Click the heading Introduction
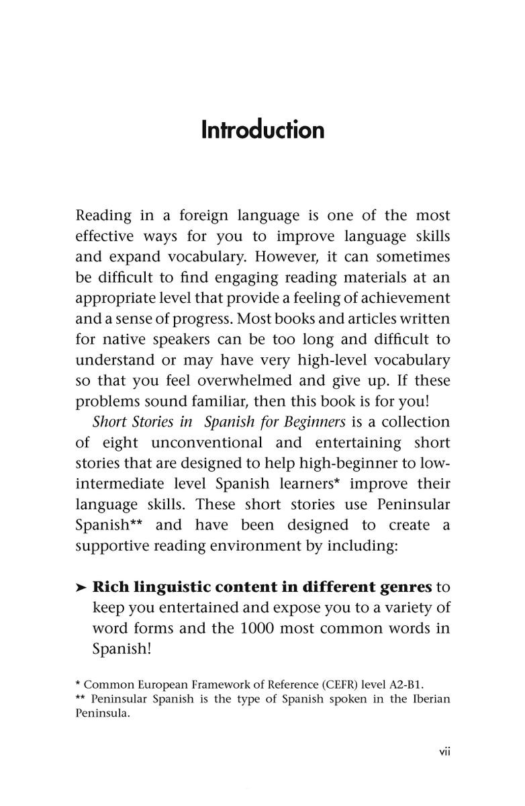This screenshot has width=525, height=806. pyautogui.click(x=262, y=129)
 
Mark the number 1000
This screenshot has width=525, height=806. pyautogui.click(x=247, y=629)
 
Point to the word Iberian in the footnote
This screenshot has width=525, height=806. pyautogui.click(x=429, y=699)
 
